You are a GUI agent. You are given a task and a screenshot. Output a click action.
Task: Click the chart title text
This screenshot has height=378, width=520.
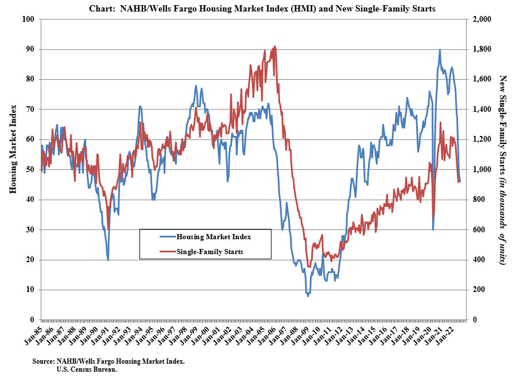(x=259, y=9)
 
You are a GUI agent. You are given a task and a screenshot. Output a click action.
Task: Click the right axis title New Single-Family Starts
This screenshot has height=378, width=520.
(x=503, y=170)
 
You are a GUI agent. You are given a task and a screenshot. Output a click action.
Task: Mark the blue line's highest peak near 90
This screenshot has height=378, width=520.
(x=440, y=49)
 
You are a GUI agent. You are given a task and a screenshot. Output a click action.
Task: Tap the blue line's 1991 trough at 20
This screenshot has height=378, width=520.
(x=108, y=260)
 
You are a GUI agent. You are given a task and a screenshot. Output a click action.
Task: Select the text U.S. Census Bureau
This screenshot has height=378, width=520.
(x=86, y=371)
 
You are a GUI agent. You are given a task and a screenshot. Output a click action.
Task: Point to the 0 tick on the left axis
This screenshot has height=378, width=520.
(x=32, y=320)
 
